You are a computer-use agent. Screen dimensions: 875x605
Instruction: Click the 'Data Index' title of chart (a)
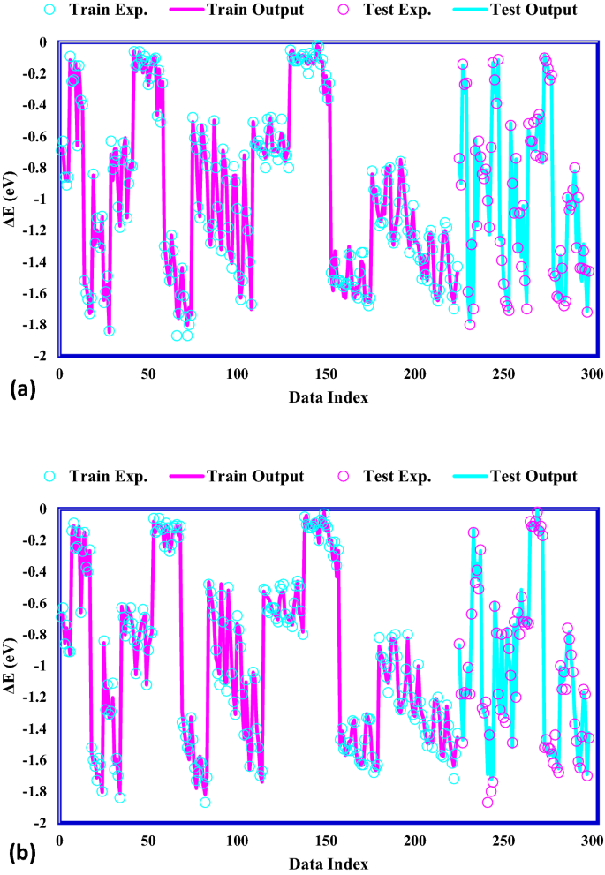(x=329, y=398)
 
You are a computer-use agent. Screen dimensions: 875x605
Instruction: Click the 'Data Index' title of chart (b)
(x=329, y=864)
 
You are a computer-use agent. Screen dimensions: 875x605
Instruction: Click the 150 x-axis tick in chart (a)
(x=326, y=373)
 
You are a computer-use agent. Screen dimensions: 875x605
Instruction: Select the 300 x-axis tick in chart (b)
(x=593, y=839)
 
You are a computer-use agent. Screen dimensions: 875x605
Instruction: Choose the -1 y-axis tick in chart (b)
(x=41, y=666)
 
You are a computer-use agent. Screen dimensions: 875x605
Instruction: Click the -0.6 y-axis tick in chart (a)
(x=35, y=137)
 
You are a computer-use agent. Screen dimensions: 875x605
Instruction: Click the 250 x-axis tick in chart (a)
(x=503, y=373)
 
